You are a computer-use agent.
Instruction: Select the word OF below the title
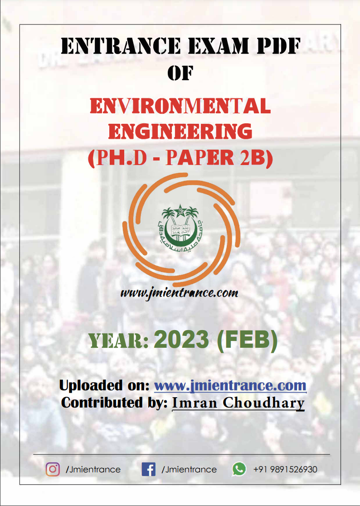(x=180, y=73)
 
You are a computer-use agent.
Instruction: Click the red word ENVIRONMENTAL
(x=180, y=106)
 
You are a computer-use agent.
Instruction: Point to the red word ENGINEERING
(x=180, y=131)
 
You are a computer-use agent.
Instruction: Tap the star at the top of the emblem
(x=180, y=211)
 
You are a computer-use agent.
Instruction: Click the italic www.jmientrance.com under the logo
(x=180, y=293)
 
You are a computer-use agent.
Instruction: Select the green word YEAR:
(x=118, y=341)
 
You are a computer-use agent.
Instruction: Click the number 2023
(x=181, y=340)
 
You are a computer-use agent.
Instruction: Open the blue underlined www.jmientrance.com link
(x=230, y=385)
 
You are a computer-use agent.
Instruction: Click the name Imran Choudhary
(x=238, y=403)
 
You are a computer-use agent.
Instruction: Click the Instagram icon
(x=53, y=469)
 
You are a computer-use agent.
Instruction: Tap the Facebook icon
(x=148, y=469)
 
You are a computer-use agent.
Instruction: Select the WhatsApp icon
(x=239, y=469)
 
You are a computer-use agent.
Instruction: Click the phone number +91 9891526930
(x=285, y=469)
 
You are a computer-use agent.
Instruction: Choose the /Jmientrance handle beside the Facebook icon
(x=189, y=470)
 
